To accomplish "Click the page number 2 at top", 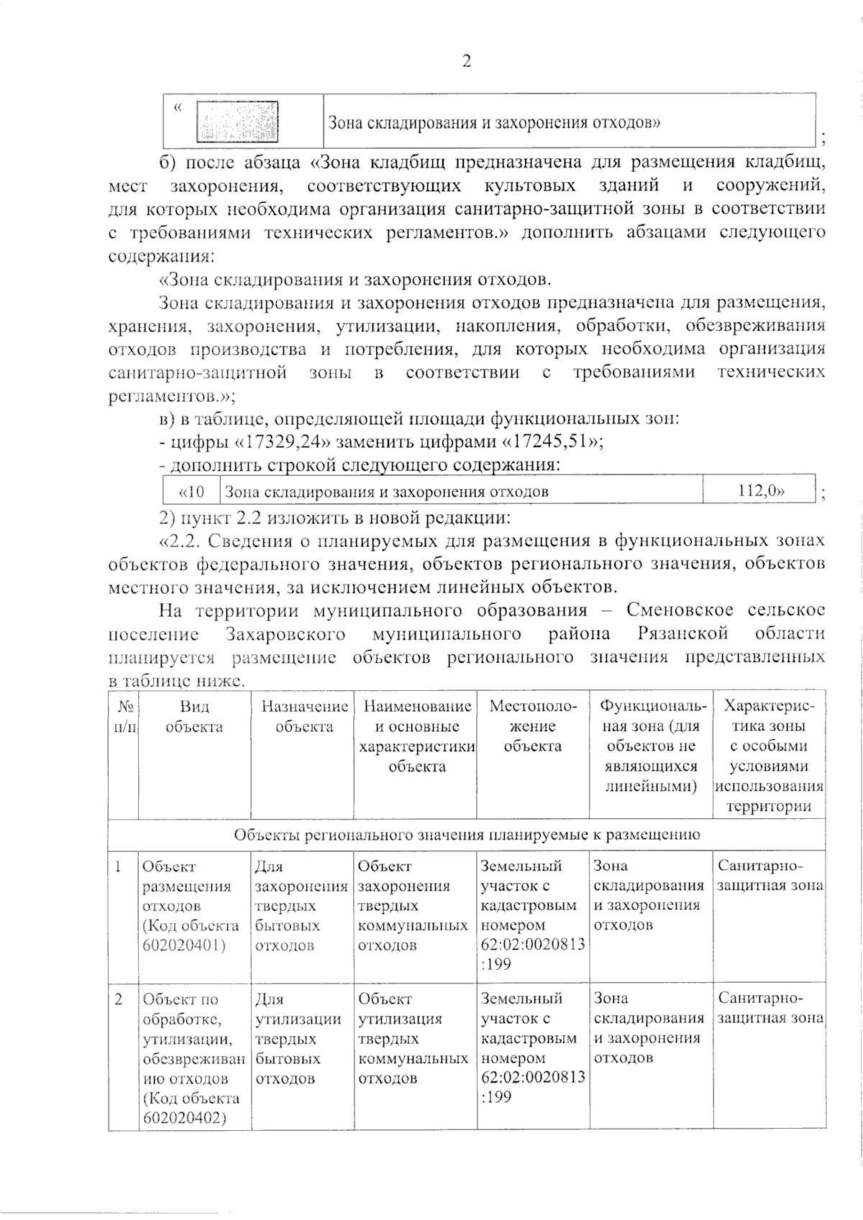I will (x=466, y=62).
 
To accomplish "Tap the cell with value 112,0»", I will (x=761, y=492).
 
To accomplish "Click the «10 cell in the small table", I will (x=191, y=492).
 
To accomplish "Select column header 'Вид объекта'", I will (x=194, y=717).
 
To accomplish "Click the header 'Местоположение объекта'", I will (x=532, y=726).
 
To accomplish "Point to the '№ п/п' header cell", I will (x=124, y=717).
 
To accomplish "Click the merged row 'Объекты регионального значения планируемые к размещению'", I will (x=467, y=835).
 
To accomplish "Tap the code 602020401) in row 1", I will (x=184, y=945).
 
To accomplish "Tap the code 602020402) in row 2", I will (x=184, y=1117).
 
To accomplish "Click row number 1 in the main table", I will (x=119, y=867).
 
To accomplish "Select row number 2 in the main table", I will (x=119, y=999).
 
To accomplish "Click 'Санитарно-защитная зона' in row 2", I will (x=770, y=1009).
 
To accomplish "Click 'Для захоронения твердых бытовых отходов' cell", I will (x=301, y=906).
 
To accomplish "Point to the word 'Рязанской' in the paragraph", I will (x=682, y=634).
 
